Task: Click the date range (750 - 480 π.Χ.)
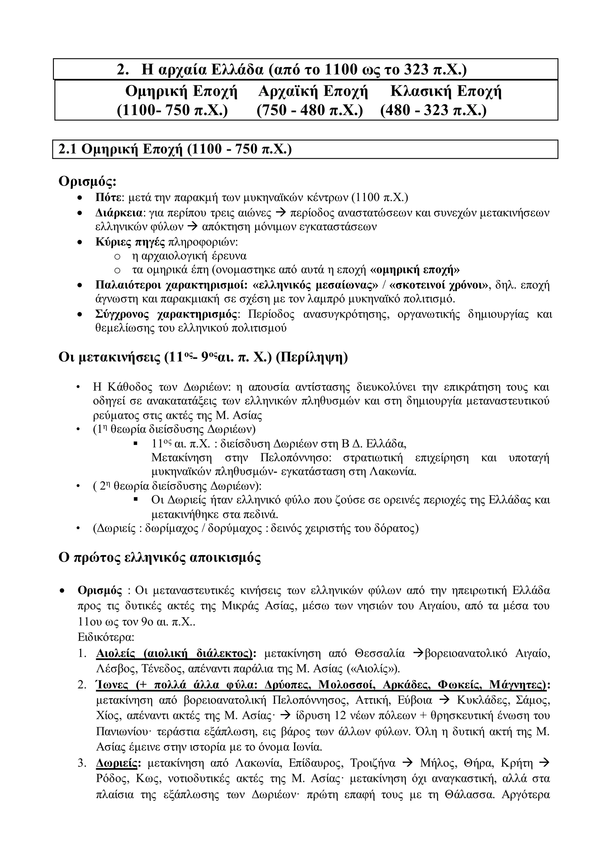(310, 110)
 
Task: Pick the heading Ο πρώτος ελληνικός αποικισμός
(160, 558)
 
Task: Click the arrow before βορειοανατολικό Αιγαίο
(418, 653)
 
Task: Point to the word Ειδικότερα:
(106, 637)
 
